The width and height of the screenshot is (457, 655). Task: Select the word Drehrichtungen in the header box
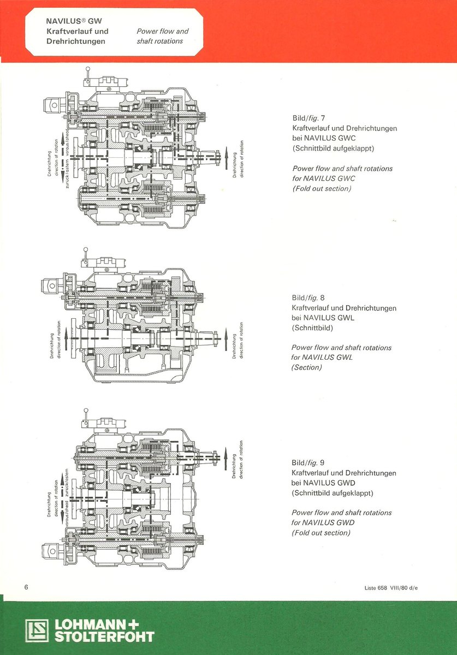(76, 41)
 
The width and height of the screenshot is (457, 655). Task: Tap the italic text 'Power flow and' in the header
(162, 32)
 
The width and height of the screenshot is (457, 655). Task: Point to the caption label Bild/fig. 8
(308, 298)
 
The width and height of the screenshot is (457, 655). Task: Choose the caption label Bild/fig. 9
(308, 463)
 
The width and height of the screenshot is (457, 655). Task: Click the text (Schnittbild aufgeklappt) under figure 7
(333, 148)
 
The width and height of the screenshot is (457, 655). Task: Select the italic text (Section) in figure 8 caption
(307, 367)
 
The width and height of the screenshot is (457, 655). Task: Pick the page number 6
(26, 587)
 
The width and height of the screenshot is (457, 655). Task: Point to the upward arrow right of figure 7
(225, 156)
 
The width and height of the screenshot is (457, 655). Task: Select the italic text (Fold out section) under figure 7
(322, 189)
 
